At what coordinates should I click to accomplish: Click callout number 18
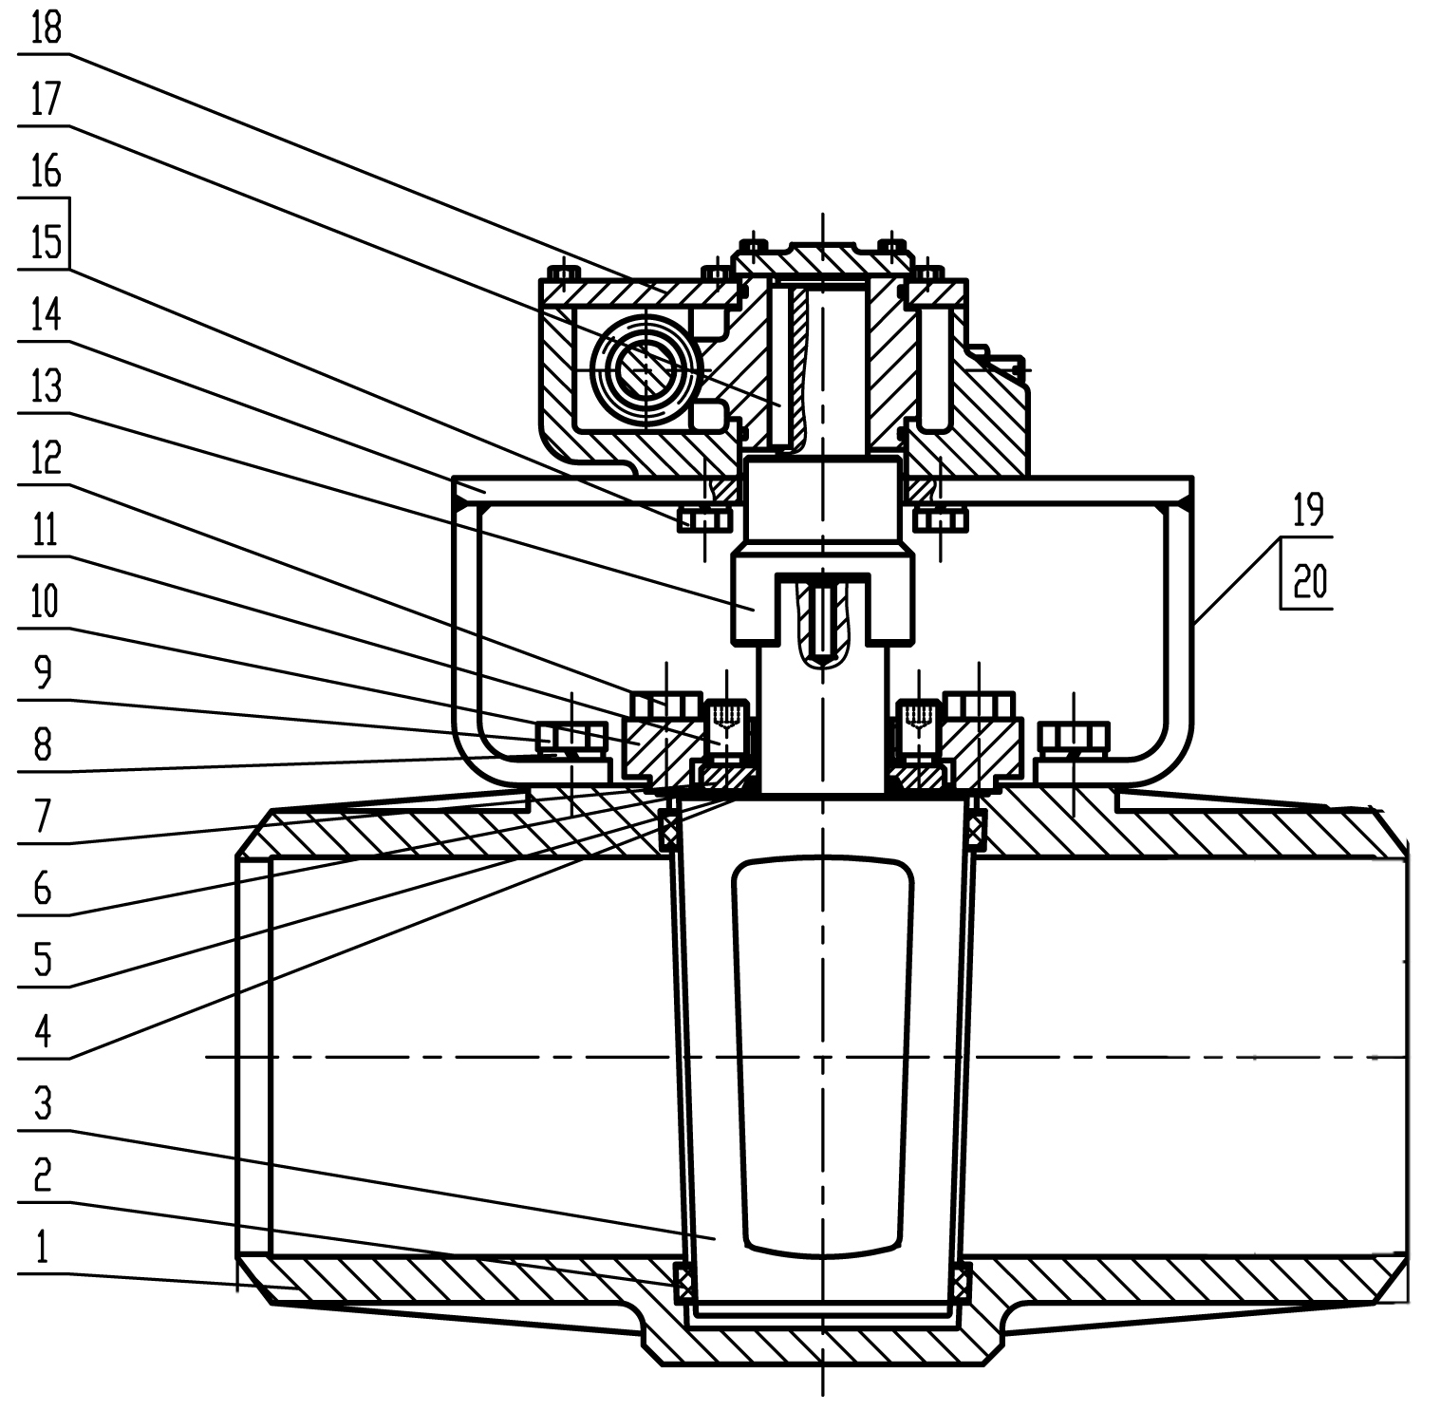click(46, 28)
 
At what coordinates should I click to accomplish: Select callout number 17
click(46, 99)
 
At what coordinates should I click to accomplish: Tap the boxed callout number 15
click(46, 241)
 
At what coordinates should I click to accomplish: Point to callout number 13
click(46, 386)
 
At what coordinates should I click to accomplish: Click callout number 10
click(46, 600)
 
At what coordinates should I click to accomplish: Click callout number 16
click(46, 171)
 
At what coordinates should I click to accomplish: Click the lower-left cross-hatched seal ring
click(682, 1284)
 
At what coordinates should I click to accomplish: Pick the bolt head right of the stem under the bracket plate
click(940, 519)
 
